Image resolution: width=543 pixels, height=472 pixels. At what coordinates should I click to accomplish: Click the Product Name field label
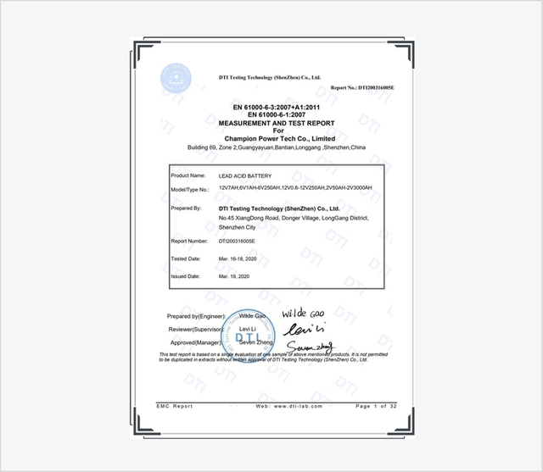click(x=188, y=175)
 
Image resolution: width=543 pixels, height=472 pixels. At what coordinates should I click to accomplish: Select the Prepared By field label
click(x=186, y=208)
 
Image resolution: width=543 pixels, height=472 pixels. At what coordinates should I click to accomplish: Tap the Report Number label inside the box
click(x=190, y=241)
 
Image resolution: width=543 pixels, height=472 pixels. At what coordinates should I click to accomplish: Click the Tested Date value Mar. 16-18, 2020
click(x=240, y=258)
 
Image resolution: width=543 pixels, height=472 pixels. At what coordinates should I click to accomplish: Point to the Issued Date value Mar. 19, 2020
click(x=234, y=276)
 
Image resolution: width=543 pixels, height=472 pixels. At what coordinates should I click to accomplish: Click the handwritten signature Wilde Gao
click(x=304, y=311)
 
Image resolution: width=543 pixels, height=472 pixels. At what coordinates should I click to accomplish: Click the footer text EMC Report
click(x=175, y=407)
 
